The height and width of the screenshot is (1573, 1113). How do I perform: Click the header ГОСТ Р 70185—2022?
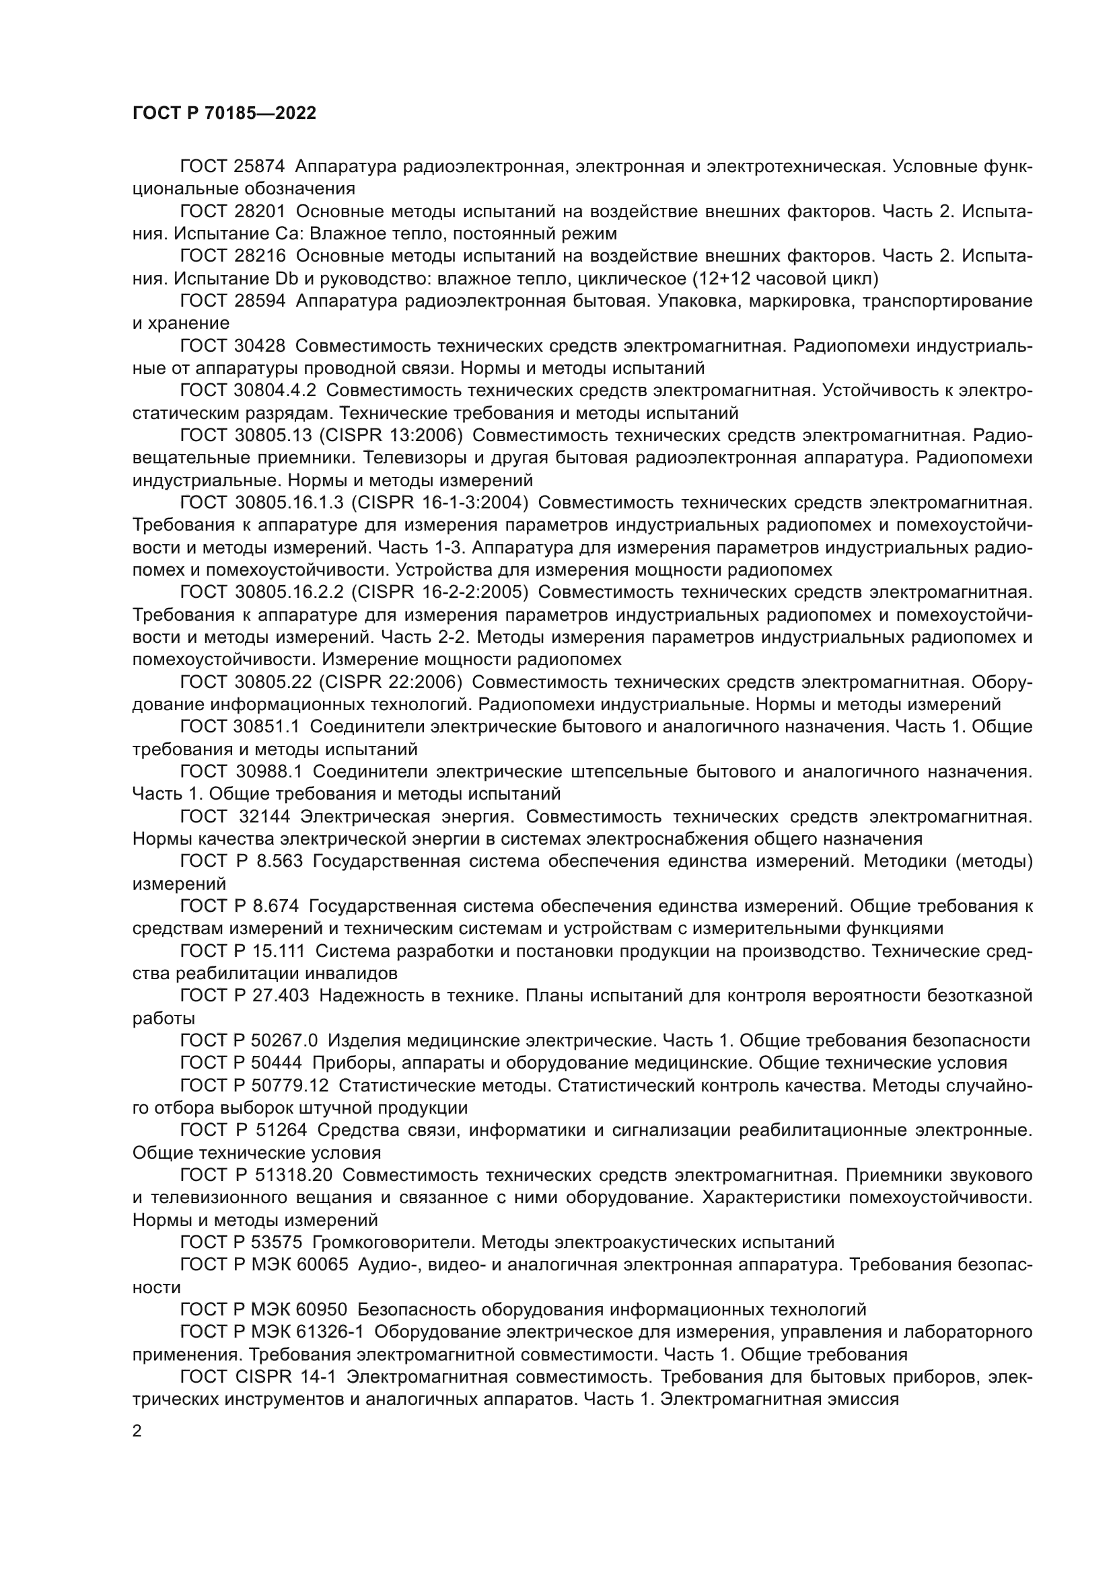[x=224, y=114]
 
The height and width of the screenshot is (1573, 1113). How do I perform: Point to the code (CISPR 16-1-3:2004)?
[x=439, y=502]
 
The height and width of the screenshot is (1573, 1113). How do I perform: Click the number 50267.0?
[x=285, y=1040]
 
